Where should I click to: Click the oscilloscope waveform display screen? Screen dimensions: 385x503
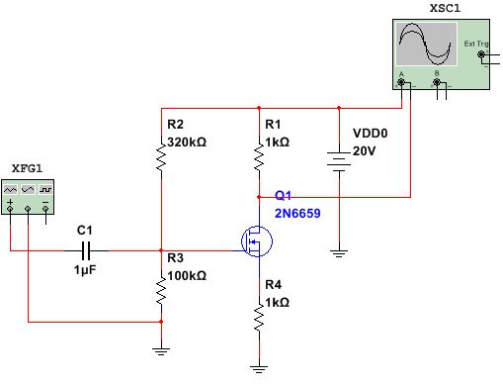pyautogui.click(x=426, y=46)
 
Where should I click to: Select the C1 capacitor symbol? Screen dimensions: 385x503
pyautogui.click(x=87, y=250)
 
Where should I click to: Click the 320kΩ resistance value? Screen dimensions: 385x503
pyautogui.click(x=187, y=142)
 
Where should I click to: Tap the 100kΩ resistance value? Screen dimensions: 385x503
pyautogui.click(x=187, y=275)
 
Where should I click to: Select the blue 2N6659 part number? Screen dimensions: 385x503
pyautogui.click(x=297, y=213)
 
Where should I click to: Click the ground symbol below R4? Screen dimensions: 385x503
pyautogui.click(x=259, y=368)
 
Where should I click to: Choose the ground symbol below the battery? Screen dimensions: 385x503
pyautogui.click(x=339, y=253)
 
